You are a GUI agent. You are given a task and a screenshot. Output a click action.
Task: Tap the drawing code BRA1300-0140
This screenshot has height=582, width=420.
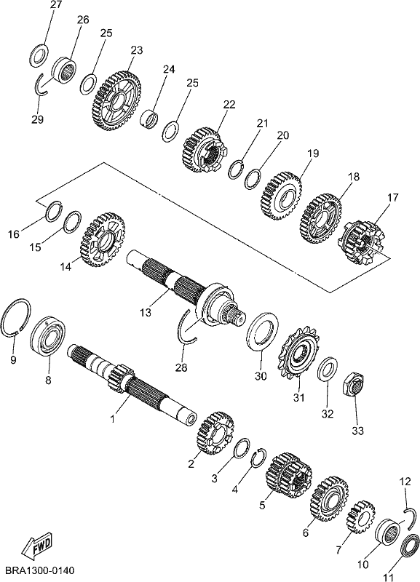point(40,570)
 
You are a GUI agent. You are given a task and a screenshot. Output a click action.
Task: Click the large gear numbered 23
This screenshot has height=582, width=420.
point(116,101)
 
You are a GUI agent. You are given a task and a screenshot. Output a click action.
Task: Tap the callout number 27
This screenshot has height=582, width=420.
point(57,6)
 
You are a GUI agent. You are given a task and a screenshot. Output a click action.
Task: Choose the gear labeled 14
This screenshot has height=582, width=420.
point(102,239)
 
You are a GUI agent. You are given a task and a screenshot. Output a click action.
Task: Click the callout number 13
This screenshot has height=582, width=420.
point(146,313)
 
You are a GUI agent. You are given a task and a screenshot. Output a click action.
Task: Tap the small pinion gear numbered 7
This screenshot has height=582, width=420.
point(360,517)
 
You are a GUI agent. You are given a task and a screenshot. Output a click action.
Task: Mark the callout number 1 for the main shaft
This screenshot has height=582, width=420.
point(113,419)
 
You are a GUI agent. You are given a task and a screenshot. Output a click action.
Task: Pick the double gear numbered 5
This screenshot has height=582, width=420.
point(289,475)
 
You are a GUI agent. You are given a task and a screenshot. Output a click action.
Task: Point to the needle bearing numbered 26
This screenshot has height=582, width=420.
point(64,70)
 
